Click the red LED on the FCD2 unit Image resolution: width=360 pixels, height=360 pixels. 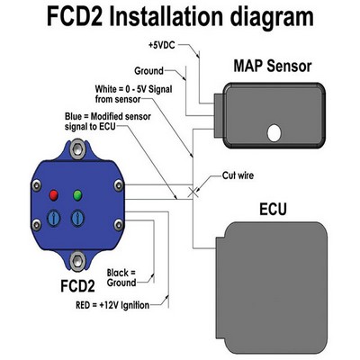click(54, 195)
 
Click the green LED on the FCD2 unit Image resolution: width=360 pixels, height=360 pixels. click(77, 195)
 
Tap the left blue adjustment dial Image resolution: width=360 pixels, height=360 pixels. click(54, 218)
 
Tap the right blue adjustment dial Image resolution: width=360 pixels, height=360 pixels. click(77, 218)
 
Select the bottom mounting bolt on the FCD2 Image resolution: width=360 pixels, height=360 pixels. click(77, 260)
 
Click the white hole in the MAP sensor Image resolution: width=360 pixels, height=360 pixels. click(274, 133)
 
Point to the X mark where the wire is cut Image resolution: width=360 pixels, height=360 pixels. click(193, 193)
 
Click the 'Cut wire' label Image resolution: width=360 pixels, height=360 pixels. click(238, 175)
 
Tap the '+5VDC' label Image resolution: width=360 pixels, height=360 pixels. click(161, 46)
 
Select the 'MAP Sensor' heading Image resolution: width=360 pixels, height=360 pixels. click(273, 66)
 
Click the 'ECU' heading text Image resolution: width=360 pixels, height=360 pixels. click(273, 209)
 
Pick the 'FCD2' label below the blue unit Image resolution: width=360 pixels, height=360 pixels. click(77, 286)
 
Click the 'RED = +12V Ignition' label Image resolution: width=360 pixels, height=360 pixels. click(112, 305)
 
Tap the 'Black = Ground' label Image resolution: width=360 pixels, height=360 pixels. click(121, 278)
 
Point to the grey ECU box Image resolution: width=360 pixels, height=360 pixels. click(272, 287)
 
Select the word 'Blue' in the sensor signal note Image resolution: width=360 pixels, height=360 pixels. click(73, 116)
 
